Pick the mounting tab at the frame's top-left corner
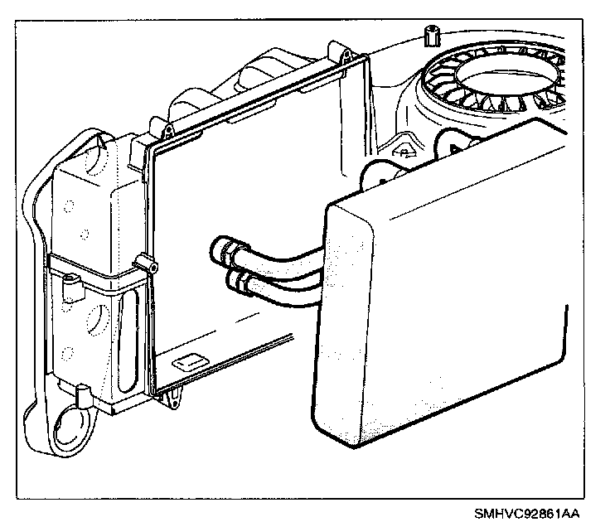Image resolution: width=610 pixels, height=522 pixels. click(x=166, y=128)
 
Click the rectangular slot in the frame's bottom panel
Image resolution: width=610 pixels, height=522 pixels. click(x=191, y=361)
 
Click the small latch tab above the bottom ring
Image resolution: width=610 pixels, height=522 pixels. click(x=83, y=392)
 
